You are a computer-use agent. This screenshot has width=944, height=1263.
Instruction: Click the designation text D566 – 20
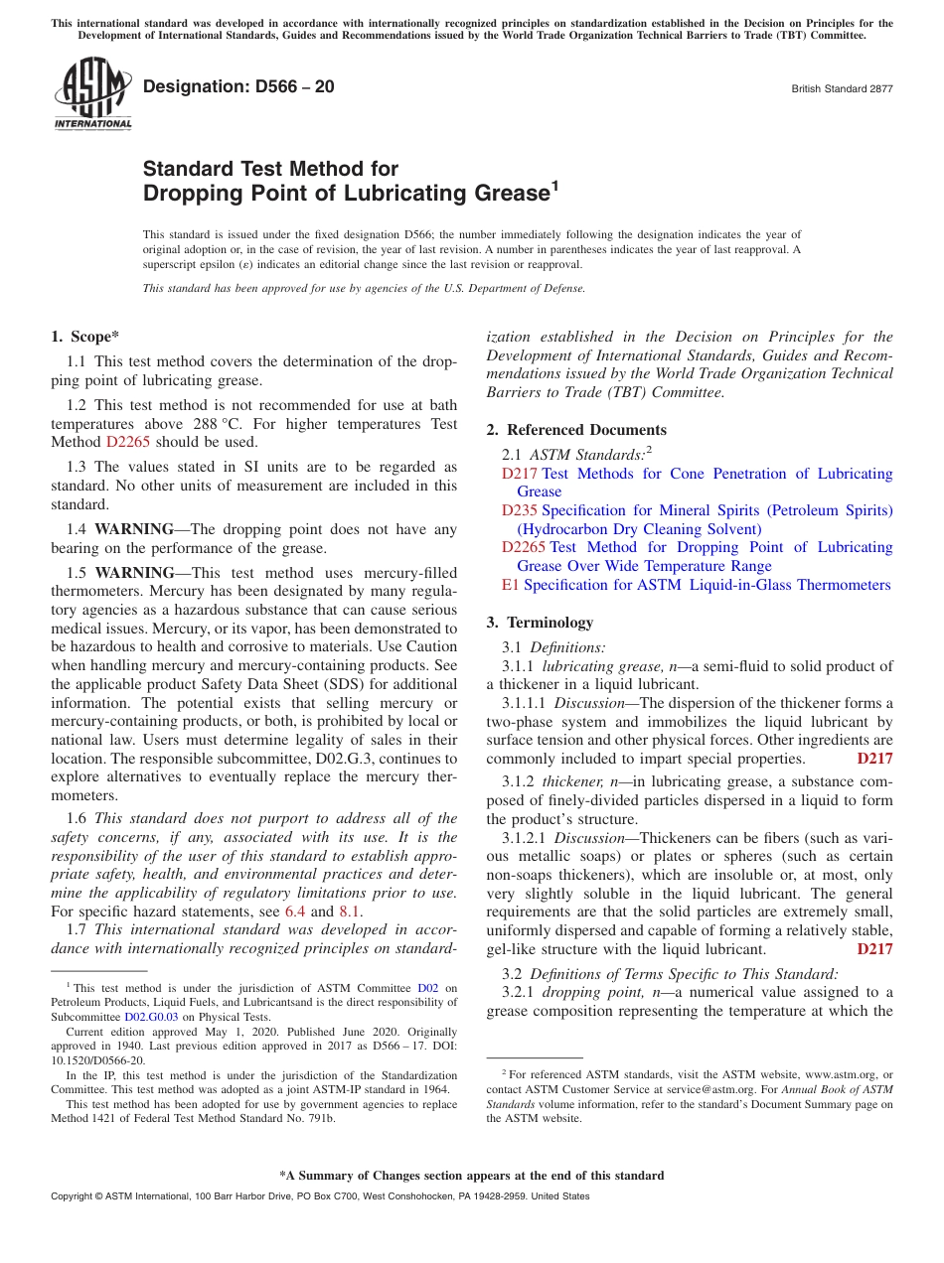[x=238, y=87]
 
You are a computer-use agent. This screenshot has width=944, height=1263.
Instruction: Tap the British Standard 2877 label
[x=842, y=88]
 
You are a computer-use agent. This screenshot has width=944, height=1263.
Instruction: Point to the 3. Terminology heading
[x=540, y=623]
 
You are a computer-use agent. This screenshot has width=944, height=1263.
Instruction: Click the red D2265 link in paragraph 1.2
[x=126, y=443]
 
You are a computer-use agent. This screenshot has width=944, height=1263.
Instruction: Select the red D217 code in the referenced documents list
[x=519, y=474]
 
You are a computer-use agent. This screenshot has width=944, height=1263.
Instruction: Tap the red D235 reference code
[x=519, y=510]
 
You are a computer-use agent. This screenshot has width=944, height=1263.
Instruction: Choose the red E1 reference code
[x=510, y=585]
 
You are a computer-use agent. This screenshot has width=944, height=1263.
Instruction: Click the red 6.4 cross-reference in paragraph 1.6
[x=295, y=912]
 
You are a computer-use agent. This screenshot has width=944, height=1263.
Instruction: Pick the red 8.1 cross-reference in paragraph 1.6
[x=350, y=912]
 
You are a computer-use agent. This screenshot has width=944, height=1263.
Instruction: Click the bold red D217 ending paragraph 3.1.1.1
[x=874, y=759]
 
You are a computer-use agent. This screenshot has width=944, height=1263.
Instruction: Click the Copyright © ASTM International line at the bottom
[x=320, y=1196]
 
